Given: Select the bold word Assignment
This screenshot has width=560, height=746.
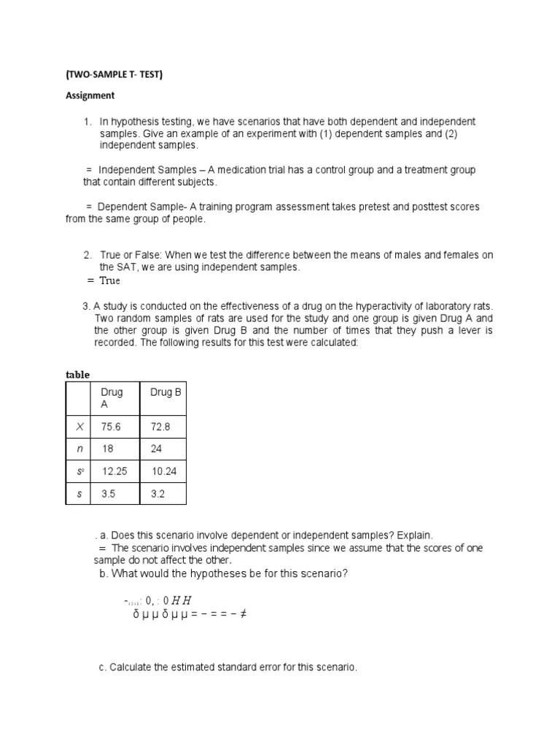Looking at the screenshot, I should pos(90,95).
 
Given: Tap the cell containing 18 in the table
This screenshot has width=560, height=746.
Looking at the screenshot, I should pos(107,449).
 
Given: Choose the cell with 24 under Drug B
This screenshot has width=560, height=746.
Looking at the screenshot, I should pos(156,449).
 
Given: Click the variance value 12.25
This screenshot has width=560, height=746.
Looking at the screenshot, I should pos(114,472).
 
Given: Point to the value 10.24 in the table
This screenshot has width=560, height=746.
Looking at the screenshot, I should pos(164,472).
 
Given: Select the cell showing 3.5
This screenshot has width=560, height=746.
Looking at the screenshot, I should pos(109,493).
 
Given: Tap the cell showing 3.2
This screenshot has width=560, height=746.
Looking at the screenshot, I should pos(158,493).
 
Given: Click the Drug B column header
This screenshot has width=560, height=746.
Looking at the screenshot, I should pos(166,393).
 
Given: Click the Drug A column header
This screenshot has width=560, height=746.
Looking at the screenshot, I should pos(112,398).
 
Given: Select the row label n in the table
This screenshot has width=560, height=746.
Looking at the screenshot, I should pos(79,449).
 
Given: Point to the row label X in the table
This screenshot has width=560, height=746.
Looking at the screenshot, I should pos(79,427).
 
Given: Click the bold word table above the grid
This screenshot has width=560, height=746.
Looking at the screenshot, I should pos(77,374).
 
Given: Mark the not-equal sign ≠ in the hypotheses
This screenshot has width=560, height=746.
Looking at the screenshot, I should pos(243,613).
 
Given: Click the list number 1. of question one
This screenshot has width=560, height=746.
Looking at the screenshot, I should pos(87,121).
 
